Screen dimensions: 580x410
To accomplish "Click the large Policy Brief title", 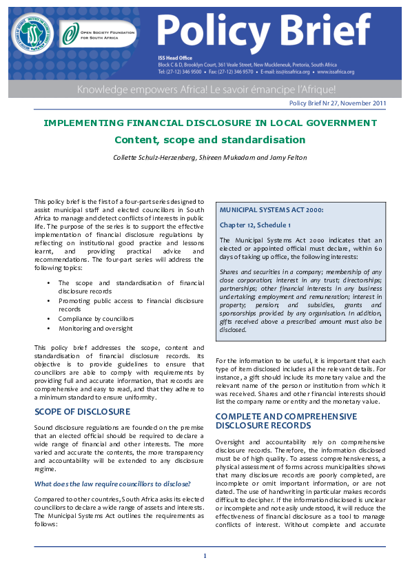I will click(264, 30).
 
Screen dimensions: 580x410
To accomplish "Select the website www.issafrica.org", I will click(336, 72).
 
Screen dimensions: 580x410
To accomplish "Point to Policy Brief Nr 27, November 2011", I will click(338, 103).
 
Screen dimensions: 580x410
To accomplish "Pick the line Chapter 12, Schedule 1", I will click(255, 225).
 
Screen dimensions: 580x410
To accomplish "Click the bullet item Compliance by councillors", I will click(96, 319).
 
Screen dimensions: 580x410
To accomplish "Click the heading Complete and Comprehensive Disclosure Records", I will click(286, 421).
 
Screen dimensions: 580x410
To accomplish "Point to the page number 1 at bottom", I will click(205, 556).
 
